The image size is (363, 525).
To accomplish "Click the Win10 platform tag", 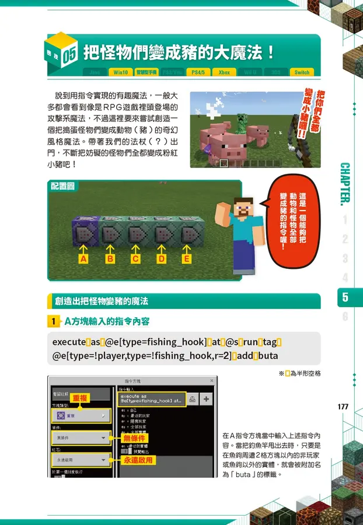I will coord(121,72).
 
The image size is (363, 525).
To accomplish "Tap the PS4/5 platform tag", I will coord(198,72).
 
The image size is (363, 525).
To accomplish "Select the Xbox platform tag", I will coord(224,72).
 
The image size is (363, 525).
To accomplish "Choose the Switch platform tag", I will coord(302,72).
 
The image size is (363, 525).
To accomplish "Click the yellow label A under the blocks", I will coord(83,258).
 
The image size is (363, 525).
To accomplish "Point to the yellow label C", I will coord(135,258).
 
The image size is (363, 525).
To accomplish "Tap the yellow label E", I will coord(187,258).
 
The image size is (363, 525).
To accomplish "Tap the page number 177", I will coord(343,407).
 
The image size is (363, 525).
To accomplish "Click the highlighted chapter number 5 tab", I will coord(345,297).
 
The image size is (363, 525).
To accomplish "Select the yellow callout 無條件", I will coord(134,437).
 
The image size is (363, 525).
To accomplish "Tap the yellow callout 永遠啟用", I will coord(138,460).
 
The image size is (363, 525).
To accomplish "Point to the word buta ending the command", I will coord(267,355).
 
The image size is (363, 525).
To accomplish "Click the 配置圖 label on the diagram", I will coord(62,186).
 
